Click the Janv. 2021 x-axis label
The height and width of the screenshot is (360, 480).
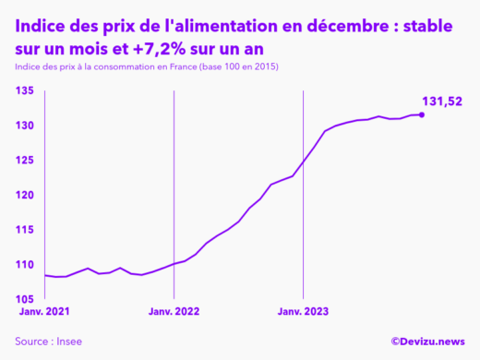(x=42, y=312)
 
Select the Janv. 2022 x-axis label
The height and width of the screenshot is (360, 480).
(x=174, y=312)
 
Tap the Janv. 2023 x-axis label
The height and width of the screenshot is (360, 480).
(x=303, y=312)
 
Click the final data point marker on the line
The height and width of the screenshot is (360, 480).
(x=422, y=114)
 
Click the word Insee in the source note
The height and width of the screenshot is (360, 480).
(x=68, y=342)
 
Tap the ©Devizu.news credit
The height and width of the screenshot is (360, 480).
(x=427, y=342)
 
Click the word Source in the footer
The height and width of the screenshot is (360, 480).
(x=31, y=342)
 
